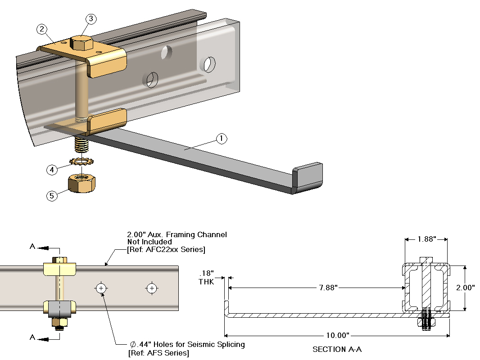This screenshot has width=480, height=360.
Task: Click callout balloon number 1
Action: tap(221, 139)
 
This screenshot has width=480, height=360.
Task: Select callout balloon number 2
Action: tap(42, 30)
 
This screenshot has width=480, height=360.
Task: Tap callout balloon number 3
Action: tap(91, 19)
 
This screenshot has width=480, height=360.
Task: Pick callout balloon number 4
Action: tap(52, 170)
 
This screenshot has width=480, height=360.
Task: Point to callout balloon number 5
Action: tap(52, 196)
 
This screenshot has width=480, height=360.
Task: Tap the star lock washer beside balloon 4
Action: tap(82, 161)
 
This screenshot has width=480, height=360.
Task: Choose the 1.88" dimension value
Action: tap(426, 239)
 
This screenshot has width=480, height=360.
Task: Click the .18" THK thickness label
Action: tap(207, 278)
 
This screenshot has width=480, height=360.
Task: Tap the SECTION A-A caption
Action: tap(337, 349)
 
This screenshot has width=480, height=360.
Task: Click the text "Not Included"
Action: tap(149, 242)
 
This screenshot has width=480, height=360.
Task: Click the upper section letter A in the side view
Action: tap(32, 247)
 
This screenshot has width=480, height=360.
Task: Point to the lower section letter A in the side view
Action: tap(32, 337)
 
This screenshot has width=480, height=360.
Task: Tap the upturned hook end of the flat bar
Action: tap(308, 175)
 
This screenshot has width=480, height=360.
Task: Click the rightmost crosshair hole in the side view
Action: tap(152, 288)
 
